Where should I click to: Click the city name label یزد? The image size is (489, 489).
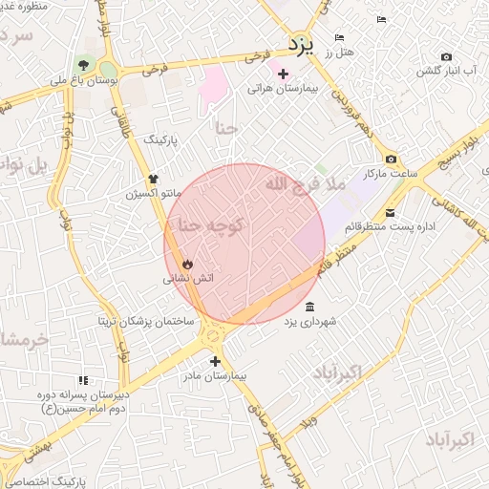pos(303,45)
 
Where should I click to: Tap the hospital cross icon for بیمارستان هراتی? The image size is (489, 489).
pos(283,74)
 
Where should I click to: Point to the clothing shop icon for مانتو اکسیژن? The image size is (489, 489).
pos(153,178)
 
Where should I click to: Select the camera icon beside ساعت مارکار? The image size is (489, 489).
pos(391,159)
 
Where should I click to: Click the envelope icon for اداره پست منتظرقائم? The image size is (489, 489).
pos(391,212)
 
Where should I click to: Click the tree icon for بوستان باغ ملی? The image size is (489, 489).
pos(87,66)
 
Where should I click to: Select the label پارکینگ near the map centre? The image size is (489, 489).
pos(168,139)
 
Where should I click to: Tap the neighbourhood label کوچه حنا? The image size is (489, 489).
pos(207,224)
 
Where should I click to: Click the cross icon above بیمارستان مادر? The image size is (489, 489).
pos(216,361)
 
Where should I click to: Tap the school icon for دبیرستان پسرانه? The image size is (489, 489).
pos(82,379)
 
